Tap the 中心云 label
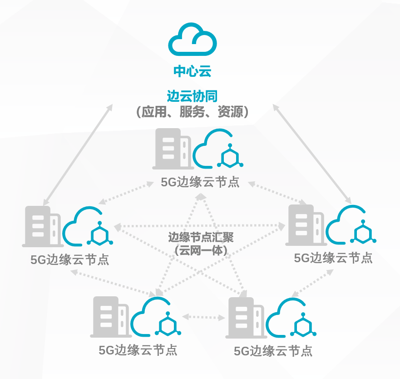(193, 71)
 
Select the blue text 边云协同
(193, 96)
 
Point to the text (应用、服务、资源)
(193, 112)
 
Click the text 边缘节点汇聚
(201, 237)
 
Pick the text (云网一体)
(201, 249)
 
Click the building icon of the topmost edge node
(172, 149)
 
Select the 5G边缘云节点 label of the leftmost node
(70, 259)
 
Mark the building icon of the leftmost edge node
(42, 226)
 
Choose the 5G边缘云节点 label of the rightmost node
(333, 258)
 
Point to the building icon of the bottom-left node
(109, 317)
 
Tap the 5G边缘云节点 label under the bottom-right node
(273, 351)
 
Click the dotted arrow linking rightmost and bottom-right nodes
(312, 283)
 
